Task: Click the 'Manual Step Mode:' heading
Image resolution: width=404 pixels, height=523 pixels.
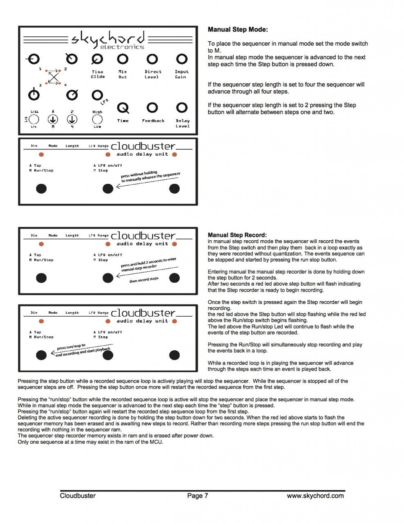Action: point(237,29)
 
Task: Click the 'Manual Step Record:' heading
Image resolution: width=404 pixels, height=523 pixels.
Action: point(237,235)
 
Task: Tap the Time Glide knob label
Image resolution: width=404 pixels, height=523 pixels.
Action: point(98,74)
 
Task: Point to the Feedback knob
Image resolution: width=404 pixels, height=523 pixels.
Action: point(152,107)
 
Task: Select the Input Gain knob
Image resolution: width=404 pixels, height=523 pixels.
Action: point(182,59)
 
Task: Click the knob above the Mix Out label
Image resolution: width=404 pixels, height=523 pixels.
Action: point(123,59)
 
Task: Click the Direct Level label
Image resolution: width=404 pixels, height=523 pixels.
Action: point(153,74)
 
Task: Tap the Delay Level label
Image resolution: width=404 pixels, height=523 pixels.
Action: point(183,123)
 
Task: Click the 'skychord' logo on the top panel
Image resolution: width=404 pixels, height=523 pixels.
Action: point(108,38)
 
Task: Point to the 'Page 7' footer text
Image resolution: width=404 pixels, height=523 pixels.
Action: point(197,496)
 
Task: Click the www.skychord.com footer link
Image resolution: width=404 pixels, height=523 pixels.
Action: point(315,496)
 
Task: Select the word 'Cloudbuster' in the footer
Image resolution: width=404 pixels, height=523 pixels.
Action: point(78,496)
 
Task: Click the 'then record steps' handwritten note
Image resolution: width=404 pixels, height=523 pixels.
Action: point(144,279)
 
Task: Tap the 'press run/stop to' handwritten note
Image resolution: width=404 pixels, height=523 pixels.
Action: point(71,347)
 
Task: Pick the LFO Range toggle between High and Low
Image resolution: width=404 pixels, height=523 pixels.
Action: point(97,119)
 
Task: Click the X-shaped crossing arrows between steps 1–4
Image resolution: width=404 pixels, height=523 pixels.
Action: point(54,77)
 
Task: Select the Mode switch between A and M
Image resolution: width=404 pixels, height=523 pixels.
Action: point(53,119)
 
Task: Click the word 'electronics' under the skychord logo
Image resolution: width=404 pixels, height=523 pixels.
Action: point(122,47)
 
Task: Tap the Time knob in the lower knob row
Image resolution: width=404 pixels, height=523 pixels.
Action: point(123,108)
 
